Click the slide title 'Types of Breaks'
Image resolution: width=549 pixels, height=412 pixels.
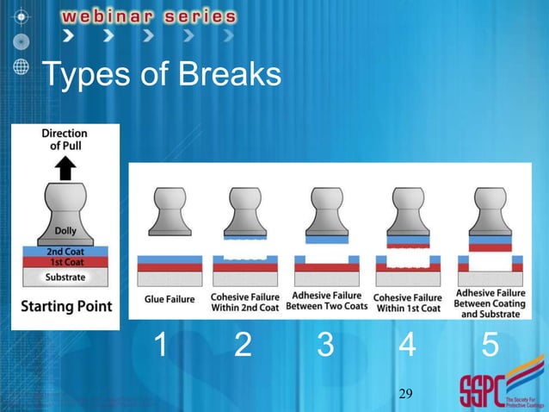pyautogui.click(x=162, y=77)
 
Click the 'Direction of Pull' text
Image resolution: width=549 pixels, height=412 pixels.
pyautogui.click(x=65, y=140)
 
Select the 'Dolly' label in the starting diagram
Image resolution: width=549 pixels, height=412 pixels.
pyautogui.click(x=65, y=231)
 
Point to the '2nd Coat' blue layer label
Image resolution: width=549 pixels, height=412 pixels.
pyautogui.click(x=65, y=251)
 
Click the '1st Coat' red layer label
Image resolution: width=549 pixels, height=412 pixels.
pyautogui.click(x=65, y=262)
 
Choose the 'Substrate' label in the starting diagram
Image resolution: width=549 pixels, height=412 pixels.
pyautogui.click(x=65, y=277)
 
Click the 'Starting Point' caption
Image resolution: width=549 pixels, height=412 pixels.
pyautogui.click(x=65, y=306)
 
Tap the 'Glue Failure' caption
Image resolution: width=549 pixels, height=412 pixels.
pyautogui.click(x=169, y=300)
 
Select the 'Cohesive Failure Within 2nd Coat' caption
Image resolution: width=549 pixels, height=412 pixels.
pyautogui.click(x=244, y=301)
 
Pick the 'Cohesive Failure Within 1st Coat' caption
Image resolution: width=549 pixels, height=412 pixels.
pyautogui.click(x=407, y=301)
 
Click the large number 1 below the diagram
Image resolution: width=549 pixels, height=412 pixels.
pyautogui.click(x=160, y=346)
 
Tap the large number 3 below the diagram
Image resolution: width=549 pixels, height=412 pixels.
pyautogui.click(x=325, y=346)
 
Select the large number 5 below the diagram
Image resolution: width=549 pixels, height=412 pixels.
pyautogui.click(x=490, y=346)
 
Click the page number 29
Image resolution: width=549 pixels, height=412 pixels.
pyautogui.click(x=406, y=394)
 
